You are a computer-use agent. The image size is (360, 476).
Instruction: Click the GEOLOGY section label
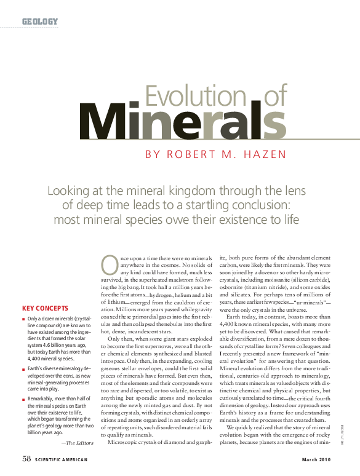40,22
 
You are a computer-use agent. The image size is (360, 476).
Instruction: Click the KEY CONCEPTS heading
45,308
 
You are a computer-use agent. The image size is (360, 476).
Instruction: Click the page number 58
26,459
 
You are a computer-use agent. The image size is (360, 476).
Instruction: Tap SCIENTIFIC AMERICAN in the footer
61,460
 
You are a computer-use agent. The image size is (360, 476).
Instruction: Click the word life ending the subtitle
290,219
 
